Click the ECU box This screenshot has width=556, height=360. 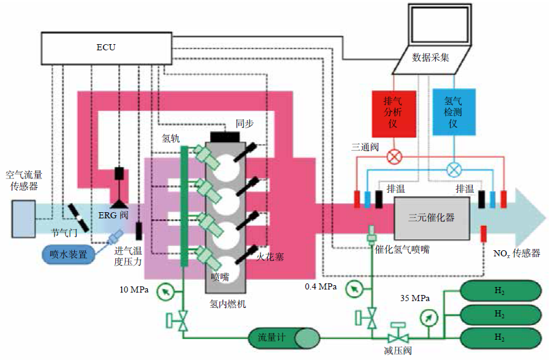click(x=105, y=47)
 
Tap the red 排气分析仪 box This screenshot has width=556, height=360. click(x=394, y=112)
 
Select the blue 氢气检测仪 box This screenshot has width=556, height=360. click(x=453, y=112)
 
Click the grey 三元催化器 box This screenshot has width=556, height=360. click(x=432, y=218)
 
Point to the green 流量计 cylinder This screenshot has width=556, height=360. click(x=283, y=337)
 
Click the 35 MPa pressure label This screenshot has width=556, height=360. click(x=414, y=299)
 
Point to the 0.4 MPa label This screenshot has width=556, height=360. click(x=321, y=286)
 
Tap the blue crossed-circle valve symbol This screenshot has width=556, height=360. click(x=453, y=167)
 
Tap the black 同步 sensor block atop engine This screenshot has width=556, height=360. click(x=221, y=136)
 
